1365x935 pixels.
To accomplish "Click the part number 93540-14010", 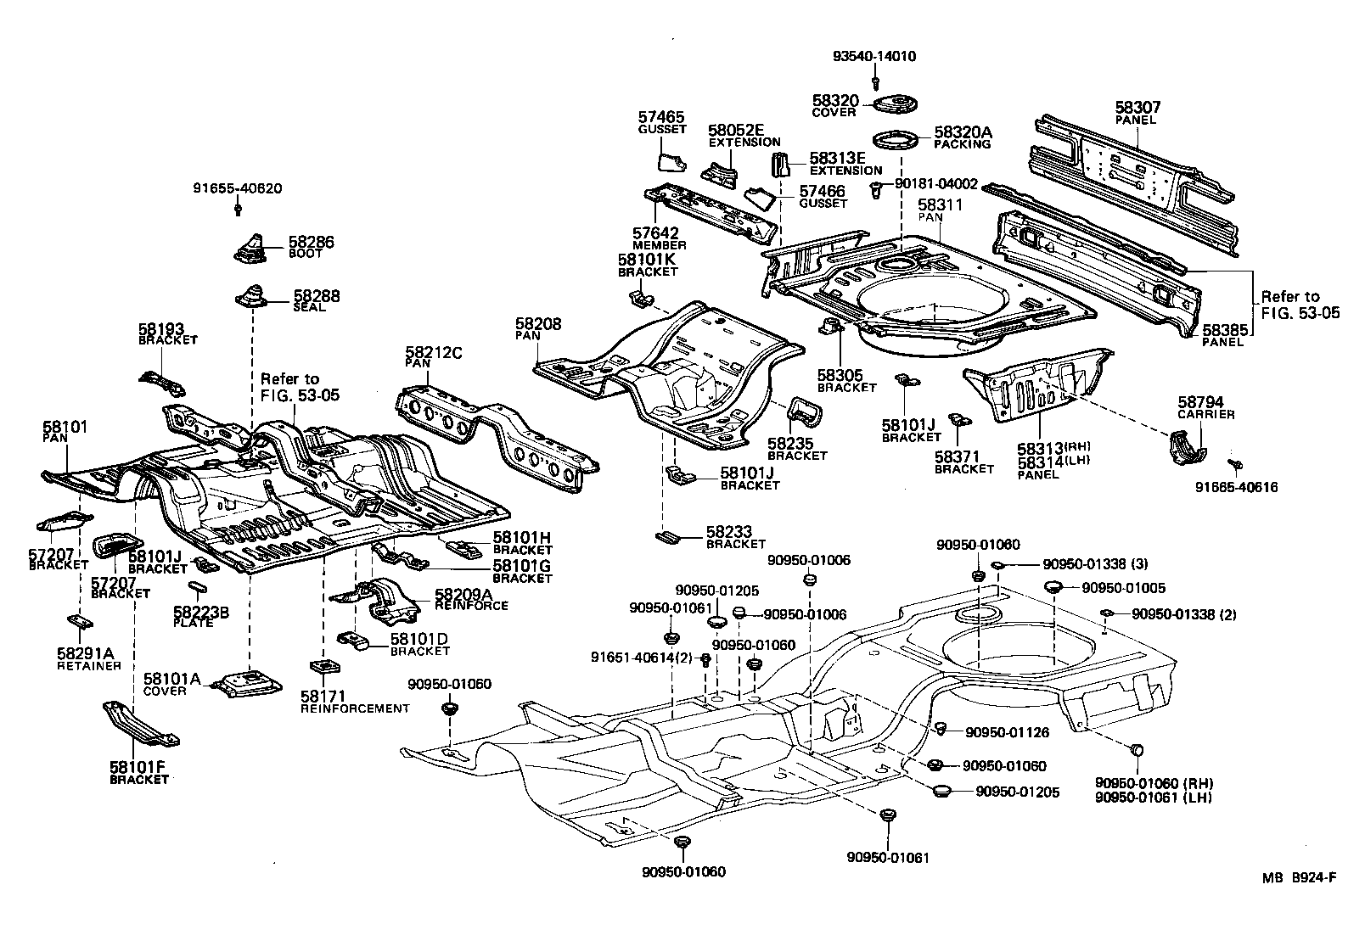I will pyautogui.click(x=873, y=57).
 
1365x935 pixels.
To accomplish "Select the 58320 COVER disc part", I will pyautogui.click(x=891, y=104).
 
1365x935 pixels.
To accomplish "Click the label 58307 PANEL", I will pyautogui.click(x=1137, y=112).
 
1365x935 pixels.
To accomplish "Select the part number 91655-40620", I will pyautogui.click(x=238, y=188).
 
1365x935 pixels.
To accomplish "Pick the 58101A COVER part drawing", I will pyautogui.click(x=249, y=682).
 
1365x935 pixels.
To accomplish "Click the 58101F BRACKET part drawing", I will pyautogui.click(x=141, y=725).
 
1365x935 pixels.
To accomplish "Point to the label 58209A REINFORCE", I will pyautogui.click(x=470, y=600).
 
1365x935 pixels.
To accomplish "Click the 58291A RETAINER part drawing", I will pyautogui.click(x=80, y=622).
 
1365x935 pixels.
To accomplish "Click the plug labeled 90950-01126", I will pyautogui.click(x=941, y=728).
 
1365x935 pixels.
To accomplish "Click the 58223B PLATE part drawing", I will pyautogui.click(x=195, y=586).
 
